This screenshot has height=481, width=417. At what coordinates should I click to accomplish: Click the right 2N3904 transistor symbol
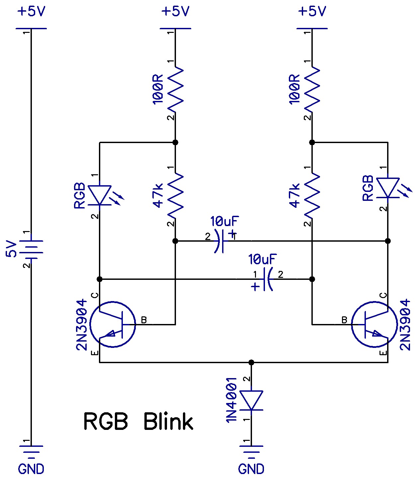(x=374, y=324)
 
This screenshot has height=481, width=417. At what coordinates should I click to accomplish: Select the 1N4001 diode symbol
(x=251, y=400)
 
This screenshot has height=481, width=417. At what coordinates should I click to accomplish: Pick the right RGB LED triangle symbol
(x=388, y=188)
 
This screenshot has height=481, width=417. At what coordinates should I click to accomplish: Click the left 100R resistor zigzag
(x=175, y=89)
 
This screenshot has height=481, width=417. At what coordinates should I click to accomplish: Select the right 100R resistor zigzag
(x=312, y=89)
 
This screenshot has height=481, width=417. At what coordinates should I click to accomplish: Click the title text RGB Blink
(x=138, y=422)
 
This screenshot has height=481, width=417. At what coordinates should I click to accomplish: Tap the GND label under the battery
(x=31, y=469)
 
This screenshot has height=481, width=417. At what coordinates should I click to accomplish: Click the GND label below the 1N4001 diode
(x=251, y=469)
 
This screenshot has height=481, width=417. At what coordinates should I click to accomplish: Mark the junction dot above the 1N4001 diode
(x=251, y=362)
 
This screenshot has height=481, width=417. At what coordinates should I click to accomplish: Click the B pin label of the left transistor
(x=144, y=320)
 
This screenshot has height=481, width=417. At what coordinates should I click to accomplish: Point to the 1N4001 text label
(x=231, y=400)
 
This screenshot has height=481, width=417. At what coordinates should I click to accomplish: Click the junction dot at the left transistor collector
(x=100, y=279)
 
